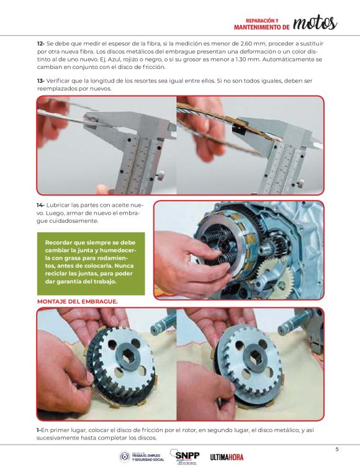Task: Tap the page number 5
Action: coord(337,450)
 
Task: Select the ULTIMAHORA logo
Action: coord(227,457)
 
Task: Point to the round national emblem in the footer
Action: coord(124,456)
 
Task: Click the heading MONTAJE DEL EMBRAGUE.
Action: coord(77,302)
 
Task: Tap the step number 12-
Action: coord(41,43)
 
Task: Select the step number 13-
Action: coord(41,81)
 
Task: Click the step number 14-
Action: coord(41,205)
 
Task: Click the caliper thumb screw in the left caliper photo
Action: coord(161,175)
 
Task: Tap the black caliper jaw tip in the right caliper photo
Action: coord(238,130)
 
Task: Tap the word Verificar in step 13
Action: coord(58,81)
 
